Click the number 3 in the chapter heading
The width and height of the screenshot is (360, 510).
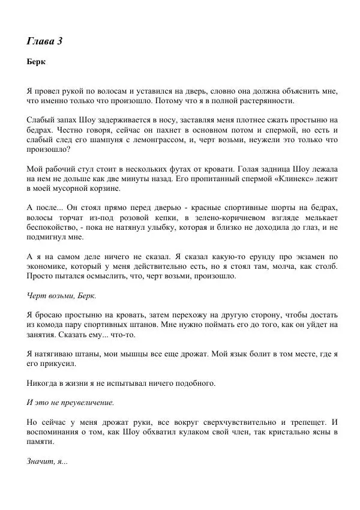59,41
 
